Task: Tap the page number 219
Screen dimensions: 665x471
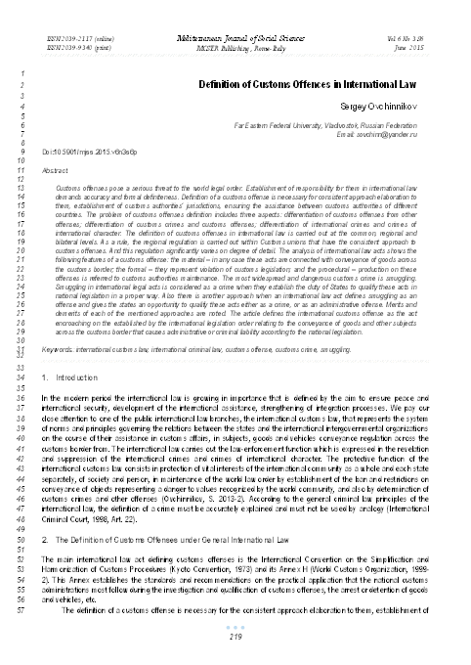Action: coord(235,638)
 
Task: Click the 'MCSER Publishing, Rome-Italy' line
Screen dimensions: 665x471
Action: coord(235,43)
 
